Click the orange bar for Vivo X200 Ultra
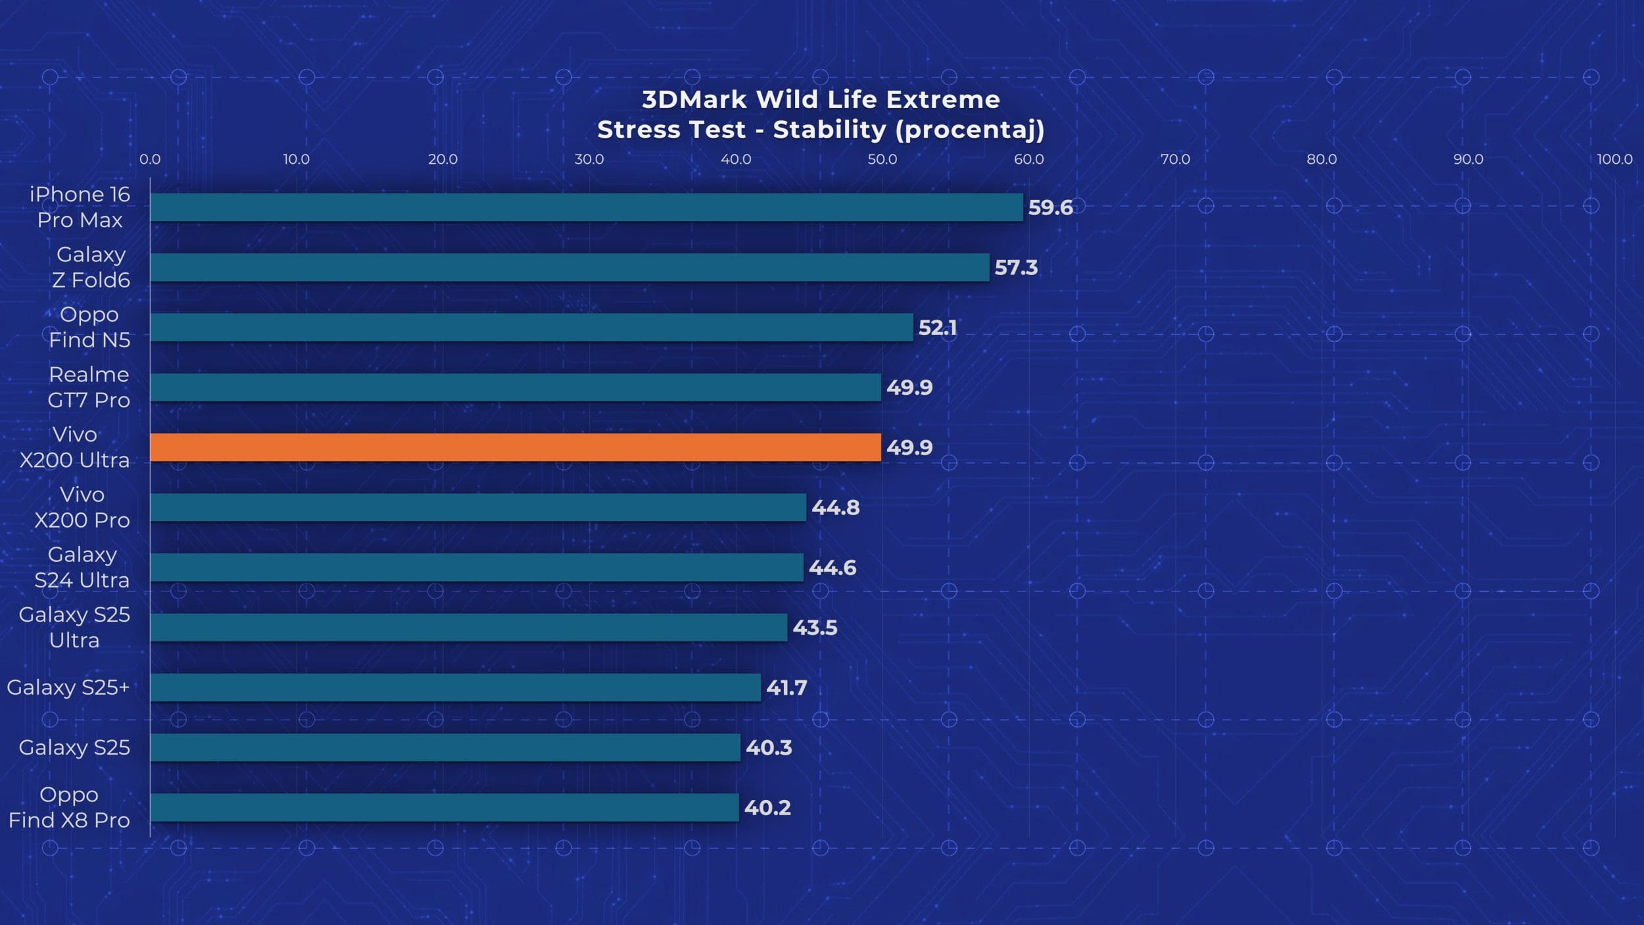tap(516, 447)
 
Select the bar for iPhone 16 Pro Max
tap(587, 207)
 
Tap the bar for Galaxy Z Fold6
tap(569, 267)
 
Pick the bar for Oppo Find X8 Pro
tap(445, 807)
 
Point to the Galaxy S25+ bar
tap(455, 687)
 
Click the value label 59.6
tap(1050, 208)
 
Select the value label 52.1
tap(937, 328)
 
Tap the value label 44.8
tap(835, 508)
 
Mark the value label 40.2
tap(767, 808)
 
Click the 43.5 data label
tap(815, 628)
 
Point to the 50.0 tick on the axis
tap(882, 159)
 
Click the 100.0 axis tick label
tap(1614, 159)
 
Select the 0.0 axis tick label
tap(150, 159)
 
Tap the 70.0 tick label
tap(1175, 159)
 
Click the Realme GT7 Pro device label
tap(89, 387)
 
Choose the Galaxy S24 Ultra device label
tap(82, 567)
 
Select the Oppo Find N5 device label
tap(89, 327)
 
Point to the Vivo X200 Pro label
tap(82, 507)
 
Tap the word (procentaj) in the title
tap(969, 130)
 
